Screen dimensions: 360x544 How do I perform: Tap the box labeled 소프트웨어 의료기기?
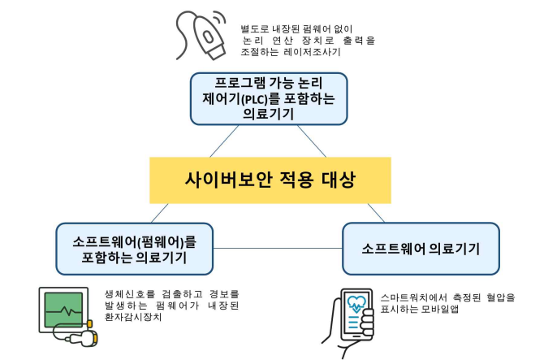(420, 248)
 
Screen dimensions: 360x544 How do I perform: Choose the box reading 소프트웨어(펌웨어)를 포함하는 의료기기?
(134, 249)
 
